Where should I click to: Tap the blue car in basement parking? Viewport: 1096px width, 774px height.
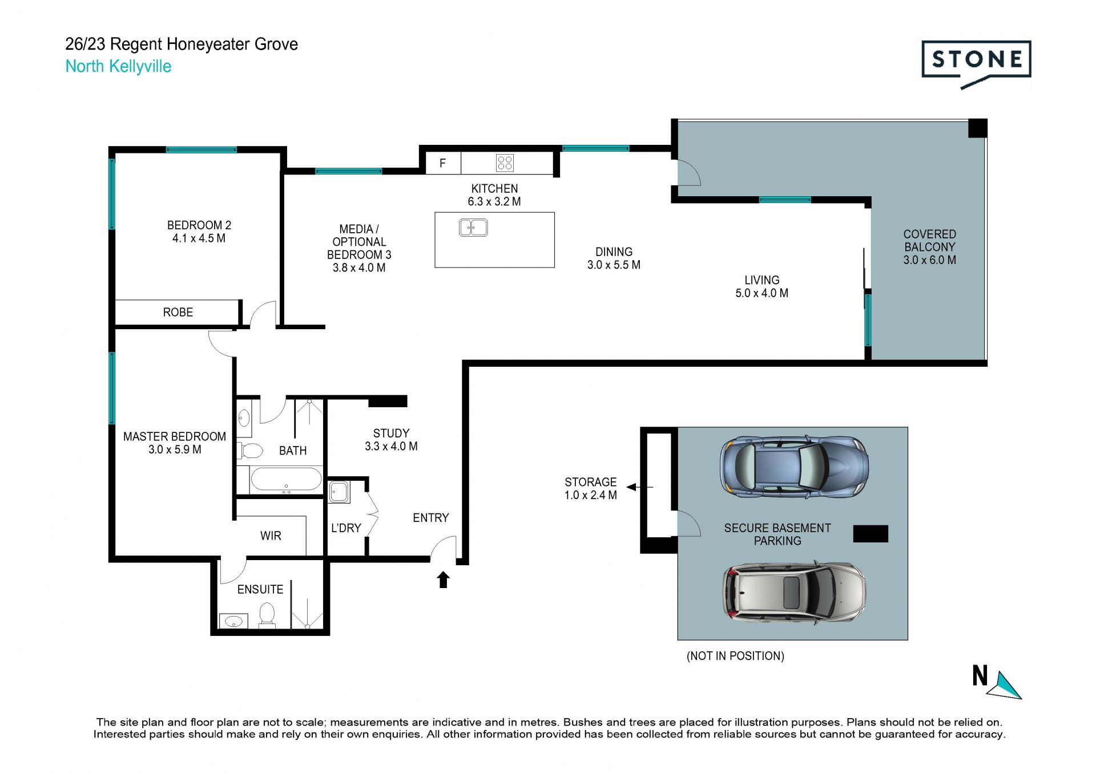tap(794, 466)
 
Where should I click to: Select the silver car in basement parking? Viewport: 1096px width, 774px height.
tap(794, 593)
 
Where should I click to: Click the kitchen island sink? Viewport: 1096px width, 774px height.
tap(473, 228)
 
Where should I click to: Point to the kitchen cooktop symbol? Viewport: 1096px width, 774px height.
tap(505, 163)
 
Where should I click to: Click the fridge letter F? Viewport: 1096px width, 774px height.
tap(442, 164)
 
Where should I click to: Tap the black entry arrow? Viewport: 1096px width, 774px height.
tap(444, 580)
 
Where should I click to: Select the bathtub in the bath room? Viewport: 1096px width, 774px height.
tap(286, 480)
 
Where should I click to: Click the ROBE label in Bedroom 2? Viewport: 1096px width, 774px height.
tap(178, 313)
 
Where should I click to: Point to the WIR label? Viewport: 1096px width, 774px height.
tap(271, 536)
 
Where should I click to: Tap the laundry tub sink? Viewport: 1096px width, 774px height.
tap(339, 492)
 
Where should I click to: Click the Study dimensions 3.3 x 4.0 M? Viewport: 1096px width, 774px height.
tap(391, 447)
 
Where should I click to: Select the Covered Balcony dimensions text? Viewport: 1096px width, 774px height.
tap(929, 260)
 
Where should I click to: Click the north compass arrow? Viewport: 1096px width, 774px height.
tap(1005, 685)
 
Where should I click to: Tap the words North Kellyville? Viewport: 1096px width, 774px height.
tap(118, 66)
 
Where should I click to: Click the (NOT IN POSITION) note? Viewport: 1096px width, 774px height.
tap(735, 656)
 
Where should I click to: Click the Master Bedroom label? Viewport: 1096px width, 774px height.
tap(175, 437)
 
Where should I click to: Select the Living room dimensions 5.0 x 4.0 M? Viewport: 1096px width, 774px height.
tap(761, 293)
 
